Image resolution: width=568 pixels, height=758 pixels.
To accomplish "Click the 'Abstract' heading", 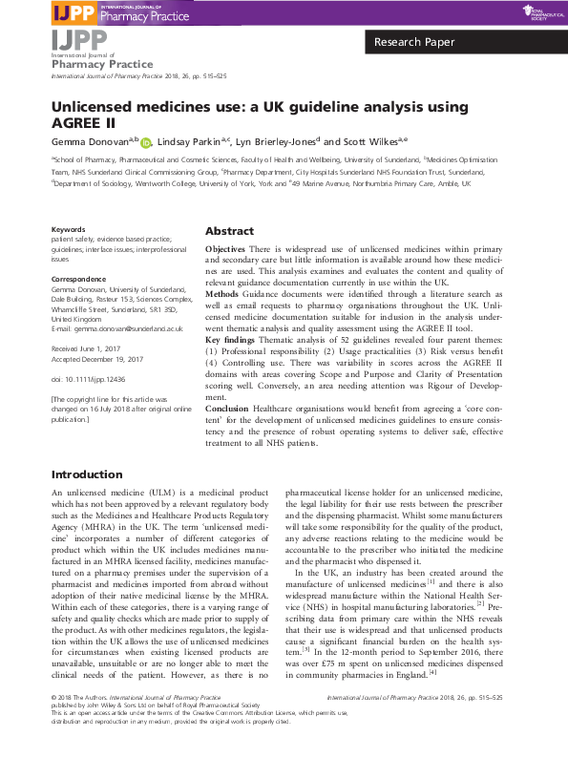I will [229, 232].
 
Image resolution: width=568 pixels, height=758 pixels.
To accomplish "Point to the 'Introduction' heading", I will [87, 474].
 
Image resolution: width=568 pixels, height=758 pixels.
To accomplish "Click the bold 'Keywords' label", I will [68, 230].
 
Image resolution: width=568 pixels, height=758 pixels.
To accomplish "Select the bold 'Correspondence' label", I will [78, 279].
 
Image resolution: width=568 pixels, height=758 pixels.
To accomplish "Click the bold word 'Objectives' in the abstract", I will [224, 249].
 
